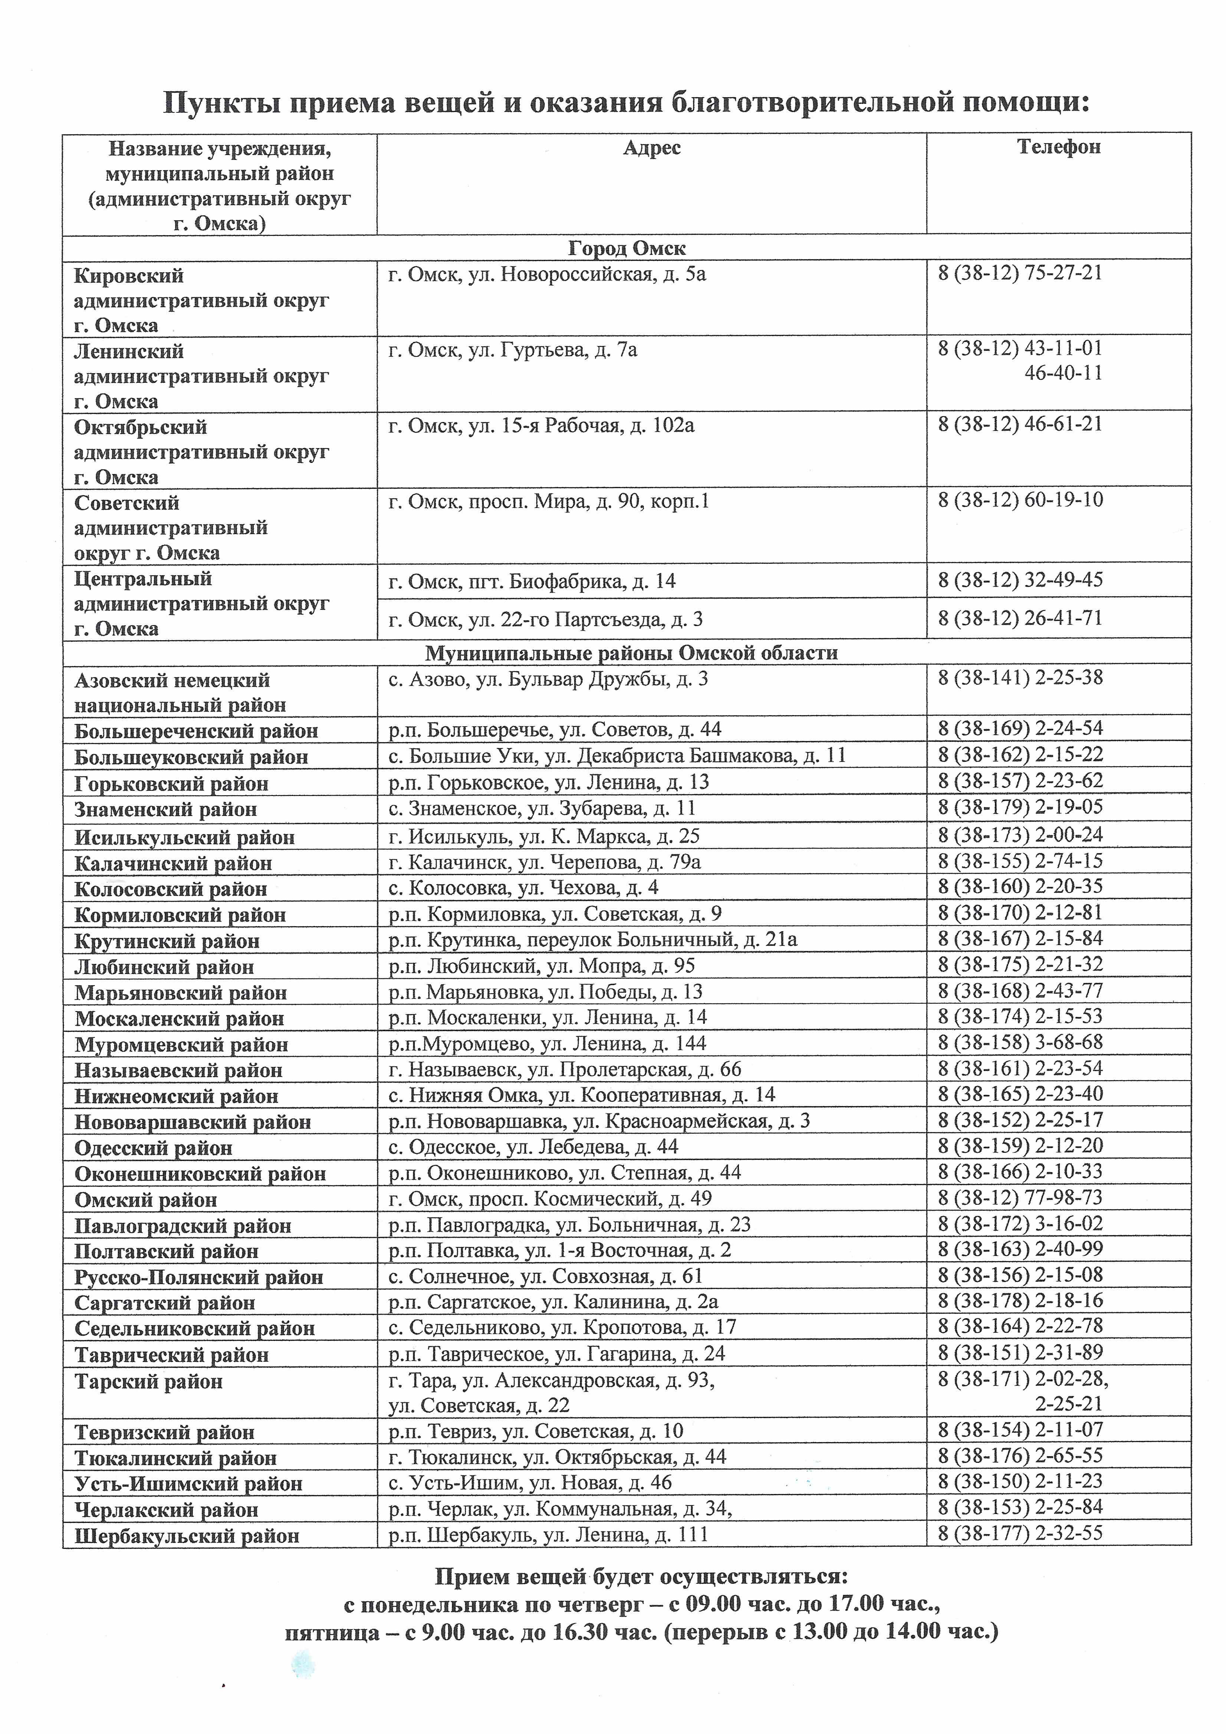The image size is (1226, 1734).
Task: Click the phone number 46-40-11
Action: coord(1063,373)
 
